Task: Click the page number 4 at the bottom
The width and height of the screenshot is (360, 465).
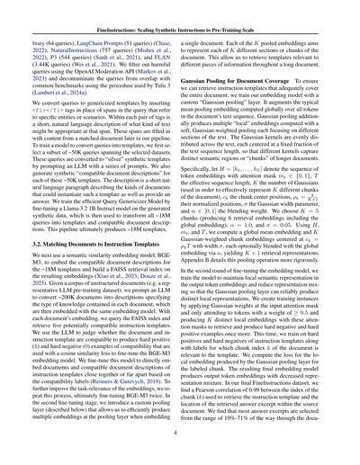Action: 180,434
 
